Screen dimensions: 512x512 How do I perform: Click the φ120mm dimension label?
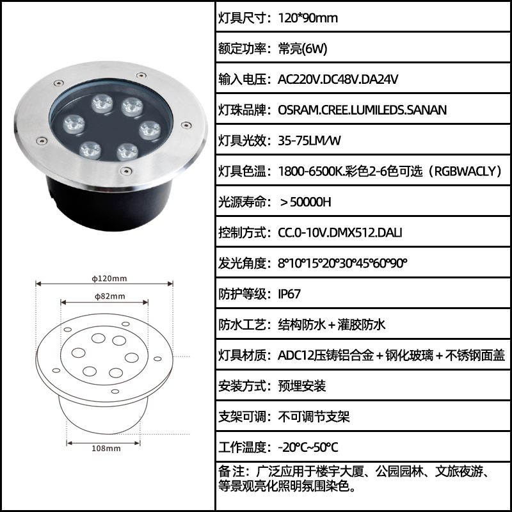click(x=109, y=278)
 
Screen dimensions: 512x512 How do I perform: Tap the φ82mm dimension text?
click(x=109, y=296)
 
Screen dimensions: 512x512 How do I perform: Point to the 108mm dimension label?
click(x=106, y=449)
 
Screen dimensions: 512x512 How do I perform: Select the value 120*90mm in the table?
click(x=308, y=18)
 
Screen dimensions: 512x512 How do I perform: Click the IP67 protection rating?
click(x=289, y=294)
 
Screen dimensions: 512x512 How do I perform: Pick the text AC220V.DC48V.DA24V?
click(x=338, y=79)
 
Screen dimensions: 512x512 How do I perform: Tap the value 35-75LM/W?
click(x=310, y=141)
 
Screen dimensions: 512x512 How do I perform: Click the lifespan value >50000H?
click(x=306, y=202)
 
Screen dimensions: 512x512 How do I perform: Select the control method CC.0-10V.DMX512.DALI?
click(x=340, y=233)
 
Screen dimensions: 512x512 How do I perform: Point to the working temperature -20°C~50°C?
click(x=308, y=447)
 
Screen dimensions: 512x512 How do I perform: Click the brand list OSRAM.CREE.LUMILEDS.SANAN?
click(x=362, y=110)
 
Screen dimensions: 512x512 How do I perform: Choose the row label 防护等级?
click(x=243, y=294)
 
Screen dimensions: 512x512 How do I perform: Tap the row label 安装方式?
click(x=243, y=386)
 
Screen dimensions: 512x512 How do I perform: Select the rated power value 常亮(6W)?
click(x=303, y=49)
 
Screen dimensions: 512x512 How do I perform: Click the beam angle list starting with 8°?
click(x=342, y=263)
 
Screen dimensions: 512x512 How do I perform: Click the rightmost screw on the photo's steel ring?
click(x=186, y=125)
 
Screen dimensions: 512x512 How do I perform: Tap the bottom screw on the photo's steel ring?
click(x=126, y=171)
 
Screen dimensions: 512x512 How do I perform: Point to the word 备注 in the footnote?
click(x=231, y=472)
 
